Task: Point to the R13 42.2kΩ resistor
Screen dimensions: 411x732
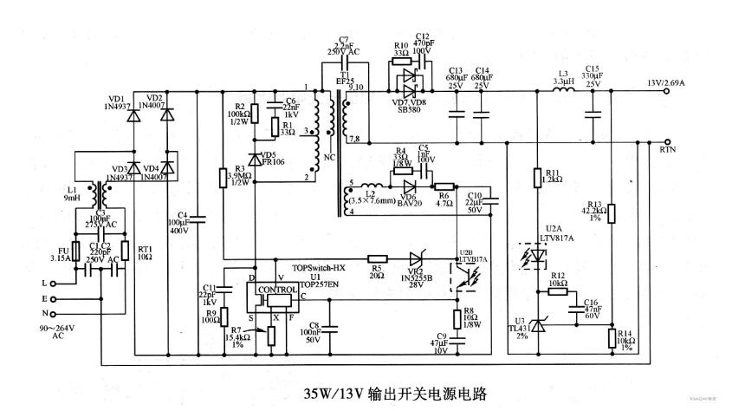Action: pos(612,212)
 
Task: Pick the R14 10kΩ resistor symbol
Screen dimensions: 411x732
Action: pos(612,338)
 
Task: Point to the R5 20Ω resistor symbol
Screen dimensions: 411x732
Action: pos(377,258)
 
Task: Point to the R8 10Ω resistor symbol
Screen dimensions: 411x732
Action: pos(457,317)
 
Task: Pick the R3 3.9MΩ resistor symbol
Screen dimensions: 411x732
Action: pos(223,178)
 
